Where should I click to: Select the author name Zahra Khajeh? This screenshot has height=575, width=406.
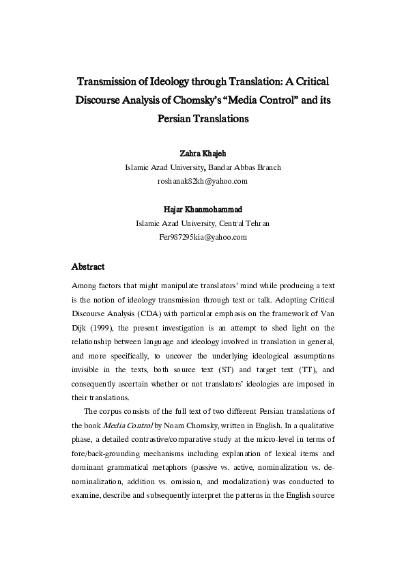[202, 154]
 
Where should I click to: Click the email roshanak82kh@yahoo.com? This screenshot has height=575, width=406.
[202, 180]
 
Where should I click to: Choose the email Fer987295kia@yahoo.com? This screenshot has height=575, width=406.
[202, 236]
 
